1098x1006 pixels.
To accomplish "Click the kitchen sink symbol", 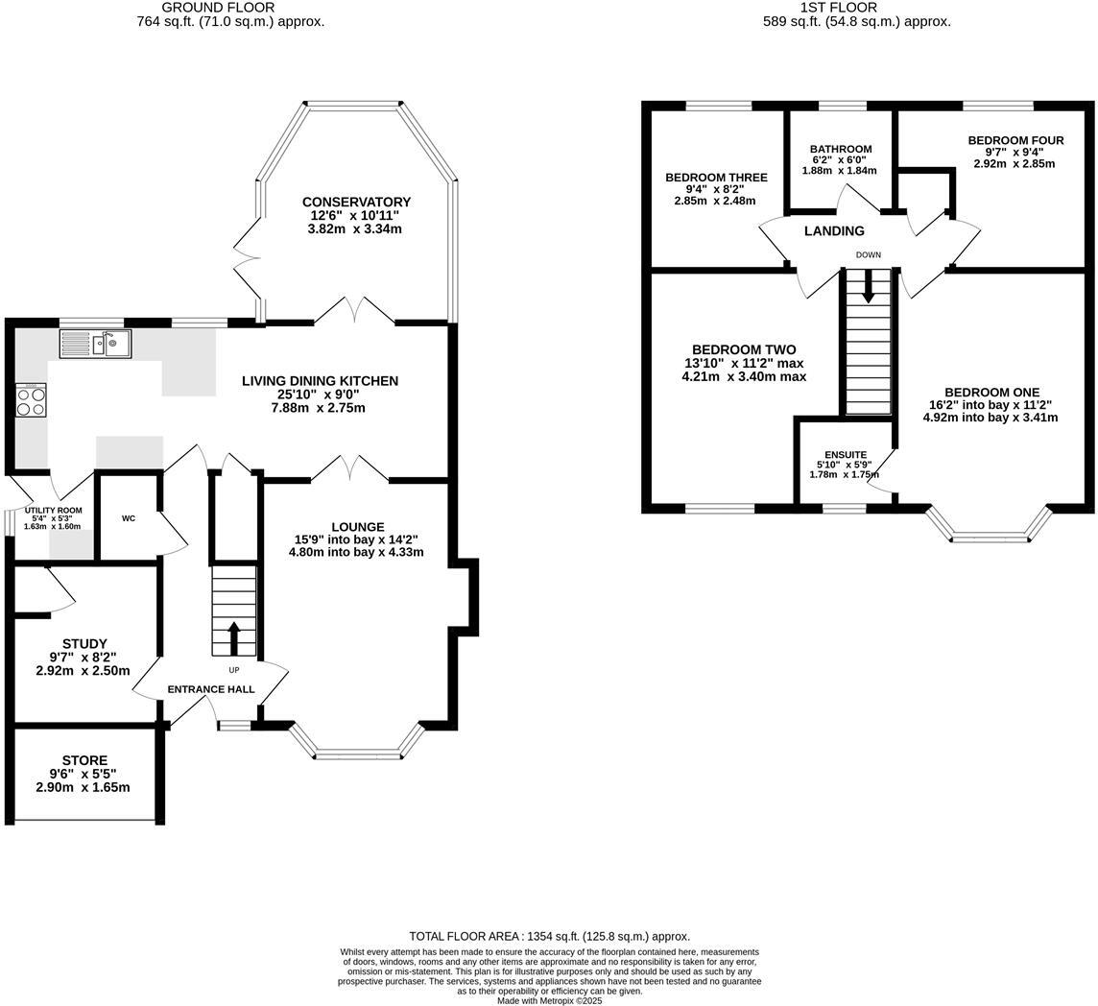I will click(x=95, y=344).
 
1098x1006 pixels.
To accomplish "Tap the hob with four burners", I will click(x=31, y=399).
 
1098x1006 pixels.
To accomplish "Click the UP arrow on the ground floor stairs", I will click(x=234, y=637).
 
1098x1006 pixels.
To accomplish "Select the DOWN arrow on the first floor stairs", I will click(x=868, y=287).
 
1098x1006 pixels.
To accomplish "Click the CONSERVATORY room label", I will click(x=356, y=202).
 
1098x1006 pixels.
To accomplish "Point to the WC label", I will click(x=129, y=518).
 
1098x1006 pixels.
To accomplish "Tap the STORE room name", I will click(x=84, y=760).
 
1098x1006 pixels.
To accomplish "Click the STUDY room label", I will click(x=84, y=643).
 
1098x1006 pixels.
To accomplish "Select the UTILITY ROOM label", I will click(x=53, y=511).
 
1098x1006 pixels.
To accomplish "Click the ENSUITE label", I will click(x=846, y=455).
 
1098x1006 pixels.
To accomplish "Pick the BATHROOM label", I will click(x=841, y=149).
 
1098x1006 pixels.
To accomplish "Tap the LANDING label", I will click(x=834, y=230).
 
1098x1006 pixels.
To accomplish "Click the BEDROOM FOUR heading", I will click(x=1015, y=140).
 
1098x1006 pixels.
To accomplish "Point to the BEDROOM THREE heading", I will click(x=716, y=178).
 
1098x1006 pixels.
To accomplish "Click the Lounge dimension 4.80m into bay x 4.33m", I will click(x=356, y=552).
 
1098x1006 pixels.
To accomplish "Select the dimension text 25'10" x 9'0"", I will click(x=320, y=395).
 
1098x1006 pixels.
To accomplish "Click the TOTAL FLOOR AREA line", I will click(x=549, y=936).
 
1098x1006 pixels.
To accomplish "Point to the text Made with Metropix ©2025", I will click(x=549, y=1000).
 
